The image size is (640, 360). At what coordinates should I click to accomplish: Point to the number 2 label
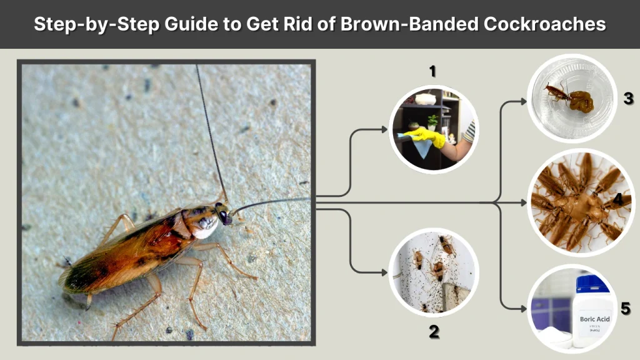point(434,331)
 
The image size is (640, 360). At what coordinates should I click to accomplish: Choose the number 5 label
point(626,308)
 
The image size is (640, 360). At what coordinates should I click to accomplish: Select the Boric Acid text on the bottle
point(594,319)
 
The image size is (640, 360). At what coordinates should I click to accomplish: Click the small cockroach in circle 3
point(556,93)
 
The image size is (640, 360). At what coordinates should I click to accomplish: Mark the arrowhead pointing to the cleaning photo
point(383,129)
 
